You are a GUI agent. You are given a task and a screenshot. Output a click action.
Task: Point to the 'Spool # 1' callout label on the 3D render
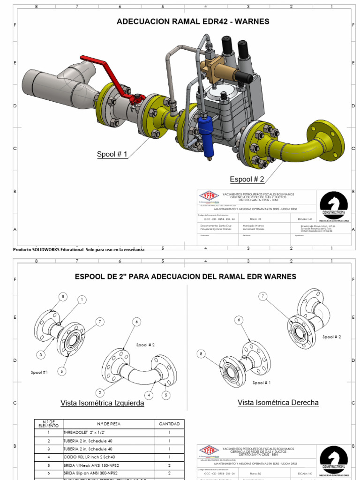[112, 154]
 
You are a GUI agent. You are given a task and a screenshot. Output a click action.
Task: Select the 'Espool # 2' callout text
[247, 179]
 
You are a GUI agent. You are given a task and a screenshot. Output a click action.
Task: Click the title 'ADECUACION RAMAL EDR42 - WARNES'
[193, 22]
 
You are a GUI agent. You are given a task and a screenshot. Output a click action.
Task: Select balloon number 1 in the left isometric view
[82, 300]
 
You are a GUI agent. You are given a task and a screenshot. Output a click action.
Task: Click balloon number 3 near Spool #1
[41, 355]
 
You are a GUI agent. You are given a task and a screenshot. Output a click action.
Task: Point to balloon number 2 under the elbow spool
[100, 392]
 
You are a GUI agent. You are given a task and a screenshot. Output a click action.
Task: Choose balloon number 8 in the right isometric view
[202, 354]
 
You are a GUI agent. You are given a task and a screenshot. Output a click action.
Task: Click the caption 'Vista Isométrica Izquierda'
[102, 403]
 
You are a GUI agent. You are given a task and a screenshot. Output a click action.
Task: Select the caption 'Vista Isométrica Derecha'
[278, 402]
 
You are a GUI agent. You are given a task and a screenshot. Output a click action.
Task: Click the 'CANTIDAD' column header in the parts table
[169, 424]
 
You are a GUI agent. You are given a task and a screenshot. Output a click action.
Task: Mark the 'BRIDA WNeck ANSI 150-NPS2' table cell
[88, 465]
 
